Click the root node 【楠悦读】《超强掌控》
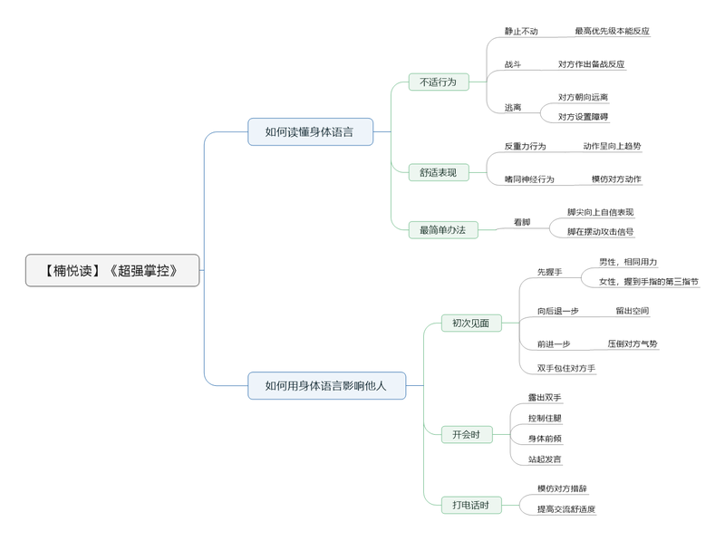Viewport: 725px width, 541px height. [x=112, y=270]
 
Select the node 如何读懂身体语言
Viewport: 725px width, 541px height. [x=311, y=131]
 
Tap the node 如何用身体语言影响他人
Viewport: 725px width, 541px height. [x=326, y=385]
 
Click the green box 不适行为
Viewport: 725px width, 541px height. [x=439, y=82]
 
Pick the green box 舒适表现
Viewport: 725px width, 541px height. [x=439, y=172]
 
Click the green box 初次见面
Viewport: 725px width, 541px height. [x=471, y=323]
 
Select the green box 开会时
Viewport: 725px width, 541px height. [x=466, y=434]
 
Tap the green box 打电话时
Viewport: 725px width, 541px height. [x=471, y=505]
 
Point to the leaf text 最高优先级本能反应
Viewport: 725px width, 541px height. [x=612, y=31]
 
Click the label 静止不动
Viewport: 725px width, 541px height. [x=521, y=31]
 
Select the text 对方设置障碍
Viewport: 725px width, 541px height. [x=583, y=116]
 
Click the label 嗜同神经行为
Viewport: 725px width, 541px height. [x=529, y=179]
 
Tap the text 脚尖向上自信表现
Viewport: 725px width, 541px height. [x=600, y=212]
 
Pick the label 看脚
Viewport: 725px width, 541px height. [x=522, y=222]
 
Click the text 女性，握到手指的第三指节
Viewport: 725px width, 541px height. [x=648, y=282]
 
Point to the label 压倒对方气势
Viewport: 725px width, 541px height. [x=633, y=344]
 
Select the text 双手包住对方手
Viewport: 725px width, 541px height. [x=565, y=368]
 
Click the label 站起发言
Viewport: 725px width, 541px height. [x=545, y=459]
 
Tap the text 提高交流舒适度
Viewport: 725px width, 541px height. [x=565, y=509]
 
